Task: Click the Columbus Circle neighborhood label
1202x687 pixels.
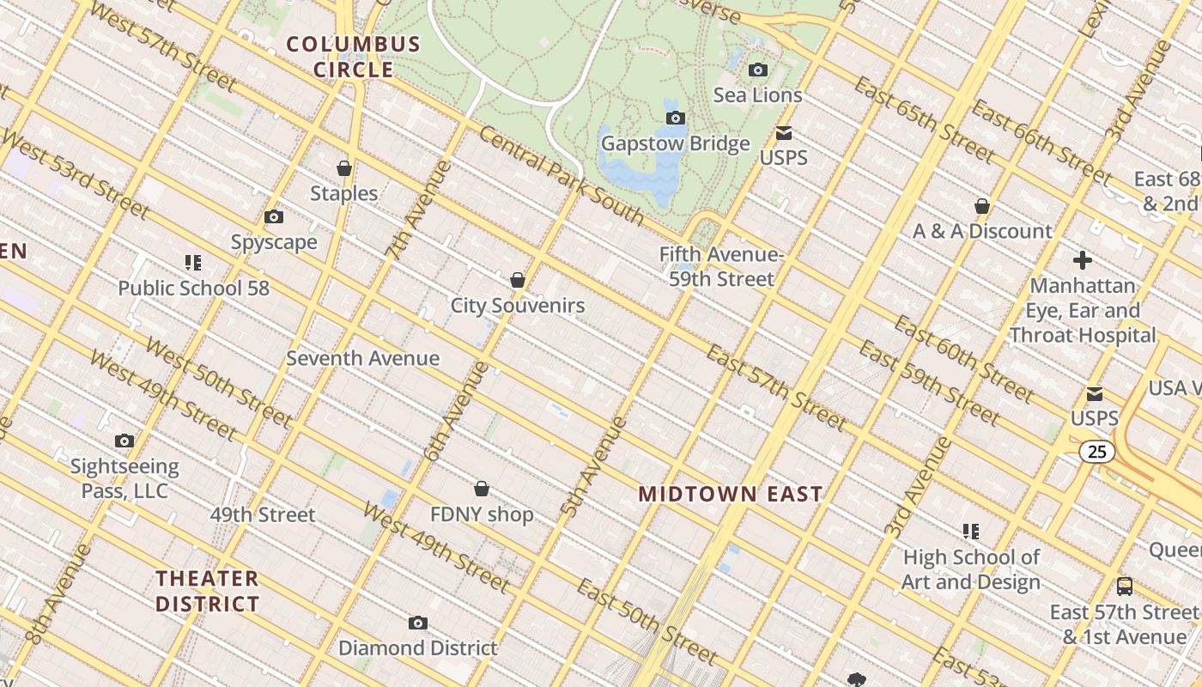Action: [353, 57]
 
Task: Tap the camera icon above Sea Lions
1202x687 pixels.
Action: [758, 70]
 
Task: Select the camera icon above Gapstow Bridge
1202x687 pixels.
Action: [676, 118]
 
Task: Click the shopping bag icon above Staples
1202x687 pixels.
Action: [344, 167]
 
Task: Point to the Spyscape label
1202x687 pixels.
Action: [274, 243]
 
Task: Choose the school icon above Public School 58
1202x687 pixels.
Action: [193, 262]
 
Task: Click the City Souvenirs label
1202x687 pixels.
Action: [518, 306]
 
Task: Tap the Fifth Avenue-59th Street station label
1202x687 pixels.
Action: [721, 266]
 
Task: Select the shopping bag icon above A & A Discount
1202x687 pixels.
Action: [982, 206]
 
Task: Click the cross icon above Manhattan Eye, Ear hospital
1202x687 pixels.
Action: [1083, 259]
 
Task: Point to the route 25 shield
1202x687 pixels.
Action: [1097, 452]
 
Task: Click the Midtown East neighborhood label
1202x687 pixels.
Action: [731, 494]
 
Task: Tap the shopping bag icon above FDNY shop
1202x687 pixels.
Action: [482, 489]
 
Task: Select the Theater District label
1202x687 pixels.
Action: [207, 591]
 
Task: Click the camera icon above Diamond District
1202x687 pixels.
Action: [418, 623]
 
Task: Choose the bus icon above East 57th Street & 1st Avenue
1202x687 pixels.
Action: [1124, 587]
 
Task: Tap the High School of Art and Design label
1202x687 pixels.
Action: [971, 569]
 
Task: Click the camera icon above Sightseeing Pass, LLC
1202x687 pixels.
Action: [124, 441]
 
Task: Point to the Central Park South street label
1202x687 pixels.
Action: [561, 175]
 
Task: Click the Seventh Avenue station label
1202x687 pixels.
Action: [362, 358]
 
